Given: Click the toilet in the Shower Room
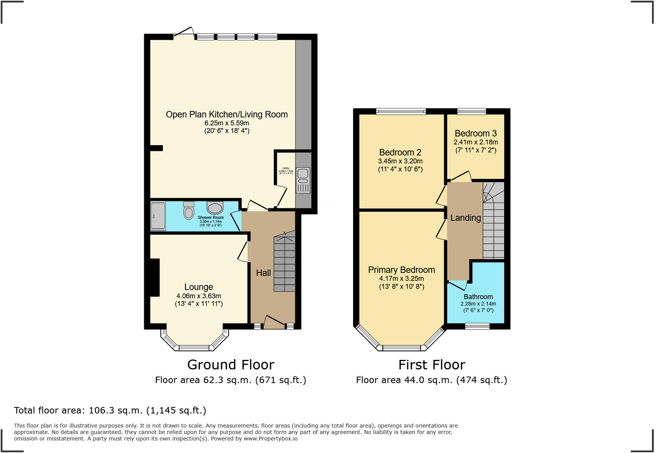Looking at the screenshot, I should click(189, 211).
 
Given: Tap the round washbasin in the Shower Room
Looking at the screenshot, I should click(215, 208).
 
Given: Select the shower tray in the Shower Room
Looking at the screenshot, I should click(158, 216).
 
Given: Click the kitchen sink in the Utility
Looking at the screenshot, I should click(303, 181).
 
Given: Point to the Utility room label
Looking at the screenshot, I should click(286, 168).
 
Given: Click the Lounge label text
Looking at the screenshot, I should click(199, 287).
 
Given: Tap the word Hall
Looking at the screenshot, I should click(263, 273).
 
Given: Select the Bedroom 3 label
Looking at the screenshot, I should click(476, 133).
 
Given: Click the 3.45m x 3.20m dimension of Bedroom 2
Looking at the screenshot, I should click(400, 161).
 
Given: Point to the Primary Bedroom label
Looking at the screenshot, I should click(401, 270).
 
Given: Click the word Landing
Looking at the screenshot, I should click(465, 218).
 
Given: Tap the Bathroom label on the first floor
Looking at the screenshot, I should click(478, 297).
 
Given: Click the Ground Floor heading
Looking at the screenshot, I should click(230, 365).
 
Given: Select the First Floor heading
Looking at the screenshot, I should click(432, 365).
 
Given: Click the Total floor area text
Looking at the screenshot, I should click(110, 410).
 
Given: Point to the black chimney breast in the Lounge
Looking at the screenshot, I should click(154, 277).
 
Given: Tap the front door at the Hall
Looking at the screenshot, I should click(274, 323).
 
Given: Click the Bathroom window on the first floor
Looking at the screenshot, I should click(477, 326).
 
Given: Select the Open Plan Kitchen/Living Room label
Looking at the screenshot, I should click(227, 114).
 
